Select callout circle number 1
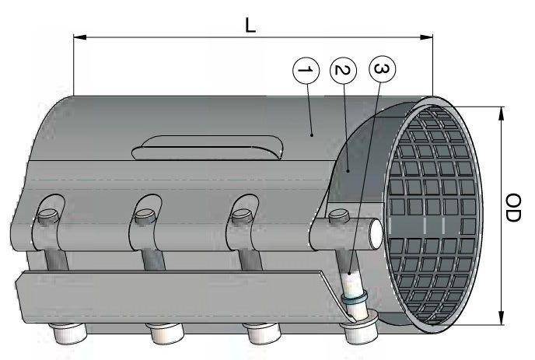(306, 71)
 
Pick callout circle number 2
(341, 71)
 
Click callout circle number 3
(379, 70)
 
